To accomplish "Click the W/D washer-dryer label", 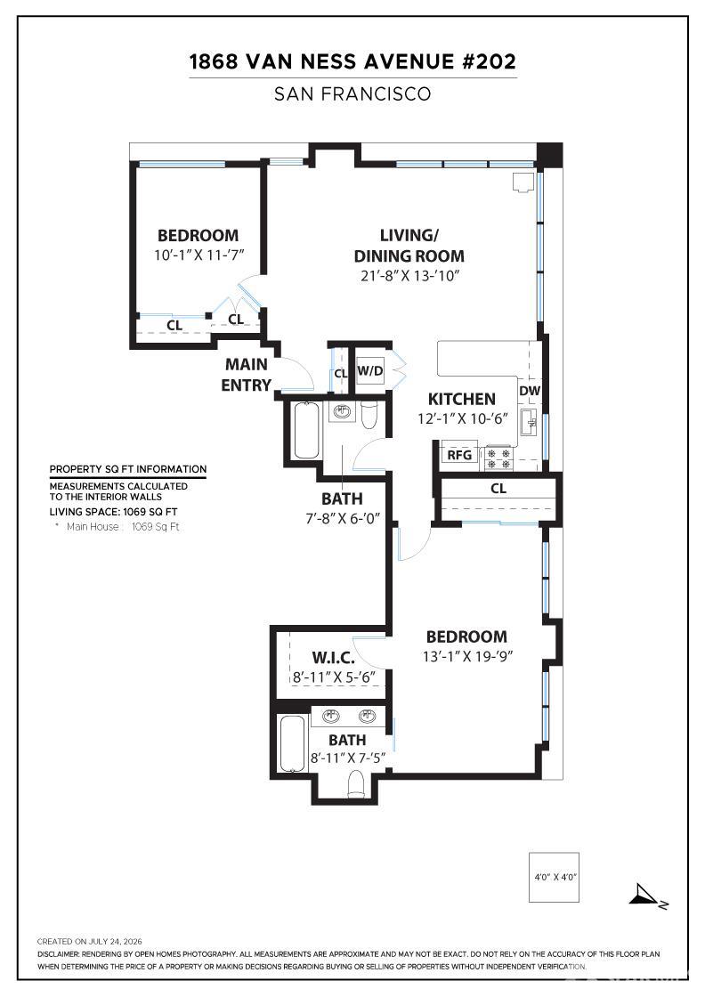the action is (x=369, y=370).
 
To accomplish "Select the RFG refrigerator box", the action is (x=459, y=455).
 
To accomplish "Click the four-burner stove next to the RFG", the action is (x=498, y=458).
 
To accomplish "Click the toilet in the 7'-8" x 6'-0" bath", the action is (x=369, y=415).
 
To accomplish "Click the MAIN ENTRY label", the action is (x=246, y=375).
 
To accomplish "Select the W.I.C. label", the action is (x=333, y=658).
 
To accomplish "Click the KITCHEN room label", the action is (x=461, y=400).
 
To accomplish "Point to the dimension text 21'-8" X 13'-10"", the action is (x=408, y=275).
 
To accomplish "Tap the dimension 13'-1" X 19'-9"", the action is (x=467, y=656).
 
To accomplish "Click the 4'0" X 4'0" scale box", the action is (x=554, y=877).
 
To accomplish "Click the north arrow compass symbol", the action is (x=646, y=896).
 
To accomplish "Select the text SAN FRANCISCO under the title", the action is (x=352, y=94).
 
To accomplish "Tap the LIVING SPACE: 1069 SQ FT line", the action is (x=113, y=512).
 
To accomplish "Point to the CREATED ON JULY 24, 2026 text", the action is (x=89, y=942).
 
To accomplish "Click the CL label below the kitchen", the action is (x=498, y=489).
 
